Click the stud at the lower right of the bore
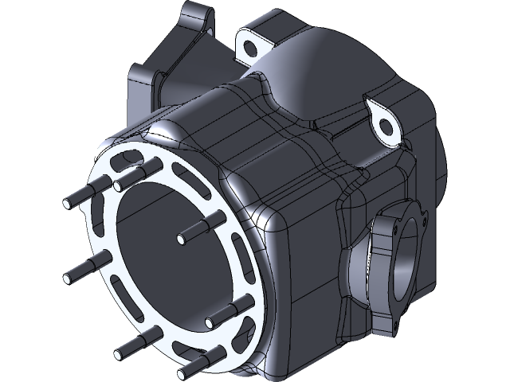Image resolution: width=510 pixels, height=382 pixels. pos(211,321)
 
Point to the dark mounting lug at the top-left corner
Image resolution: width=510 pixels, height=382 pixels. pos(195,20)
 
